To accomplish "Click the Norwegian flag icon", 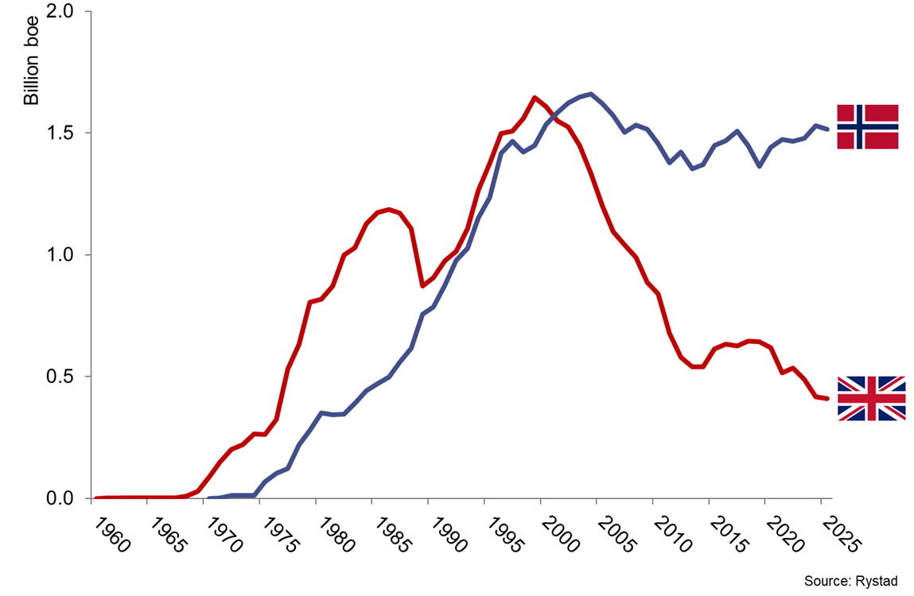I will (x=868, y=126).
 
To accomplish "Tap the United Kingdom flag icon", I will (x=872, y=398).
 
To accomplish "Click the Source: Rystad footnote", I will (x=850, y=582).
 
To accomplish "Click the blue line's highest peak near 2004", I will (x=590, y=94).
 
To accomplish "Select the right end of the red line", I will (x=828, y=398).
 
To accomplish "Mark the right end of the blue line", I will (x=828, y=129).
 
